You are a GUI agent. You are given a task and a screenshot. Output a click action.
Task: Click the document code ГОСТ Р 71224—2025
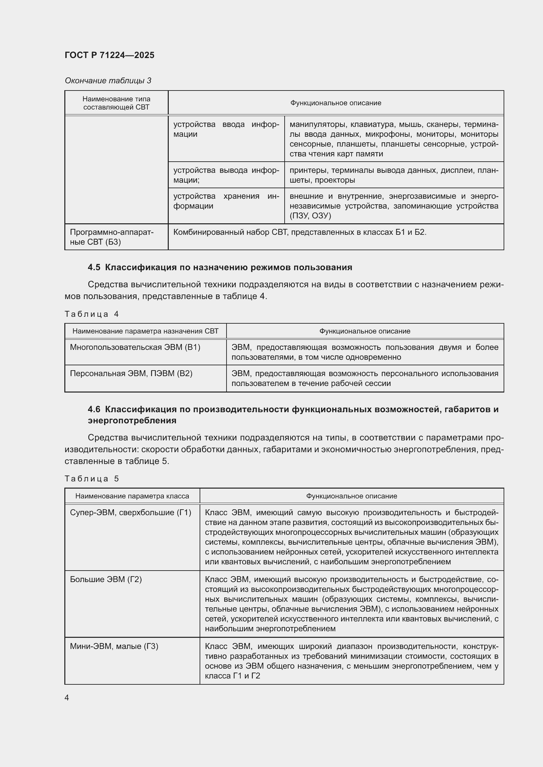pyautogui.click(x=109, y=55)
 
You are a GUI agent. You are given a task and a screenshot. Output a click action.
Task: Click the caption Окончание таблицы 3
pyautogui.click(x=108, y=81)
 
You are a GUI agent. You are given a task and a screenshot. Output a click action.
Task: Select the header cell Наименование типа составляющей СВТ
pyautogui.click(x=116, y=103)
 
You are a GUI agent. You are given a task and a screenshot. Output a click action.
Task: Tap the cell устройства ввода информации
pyautogui.click(x=226, y=129)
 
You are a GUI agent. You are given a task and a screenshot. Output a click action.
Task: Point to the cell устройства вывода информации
pyautogui.click(x=226, y=175)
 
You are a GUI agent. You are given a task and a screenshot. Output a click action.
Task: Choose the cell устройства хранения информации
pyautogui.click(x=226, y=201)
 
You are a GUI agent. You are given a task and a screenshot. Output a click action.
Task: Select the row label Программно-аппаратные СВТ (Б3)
pyautogui.click(x=111, y=237)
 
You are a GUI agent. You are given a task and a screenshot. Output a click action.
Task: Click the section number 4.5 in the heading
pyautogui.click(x=94, y=267)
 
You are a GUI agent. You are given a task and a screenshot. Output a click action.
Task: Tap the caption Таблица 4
pyautogui.click(x=92, y=314)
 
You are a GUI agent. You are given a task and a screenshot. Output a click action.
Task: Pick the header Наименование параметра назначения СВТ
pyautogui.click(x=145, y=331)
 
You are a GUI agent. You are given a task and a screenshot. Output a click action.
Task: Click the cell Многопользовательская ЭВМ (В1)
pyautogui.click(x=135, y=347)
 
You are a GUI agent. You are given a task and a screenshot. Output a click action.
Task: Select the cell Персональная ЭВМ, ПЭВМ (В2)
pyautogui.click(x=131, y=373)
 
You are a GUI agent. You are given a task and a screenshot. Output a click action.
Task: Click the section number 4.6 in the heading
pyautogui.click(x=94, y=409)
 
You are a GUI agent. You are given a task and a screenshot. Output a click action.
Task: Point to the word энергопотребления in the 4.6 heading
pyautogui.click(x=132, y=420)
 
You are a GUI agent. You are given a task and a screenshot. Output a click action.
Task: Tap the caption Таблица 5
pyautogui.click(x=92, y=479)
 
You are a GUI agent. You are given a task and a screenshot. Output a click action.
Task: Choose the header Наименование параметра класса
pyautogui.click(x=132, y=496)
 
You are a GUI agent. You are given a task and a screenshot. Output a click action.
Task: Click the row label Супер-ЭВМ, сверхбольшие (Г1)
pyautogui.click(x=130, y=513)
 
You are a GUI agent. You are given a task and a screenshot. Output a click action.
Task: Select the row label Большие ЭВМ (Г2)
pyautogui.click(x=106, y=579)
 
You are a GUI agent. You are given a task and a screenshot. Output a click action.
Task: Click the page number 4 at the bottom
pyautogui.click(x=67, y=697)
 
